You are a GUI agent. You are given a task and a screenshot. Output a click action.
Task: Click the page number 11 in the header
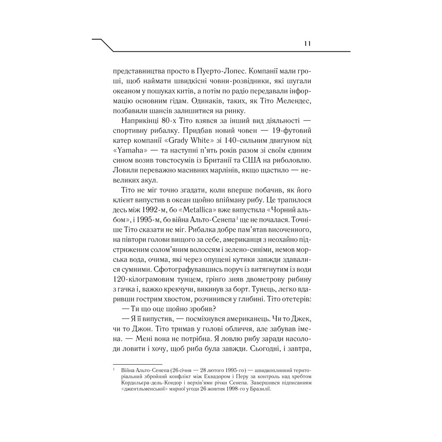point(308,44)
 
